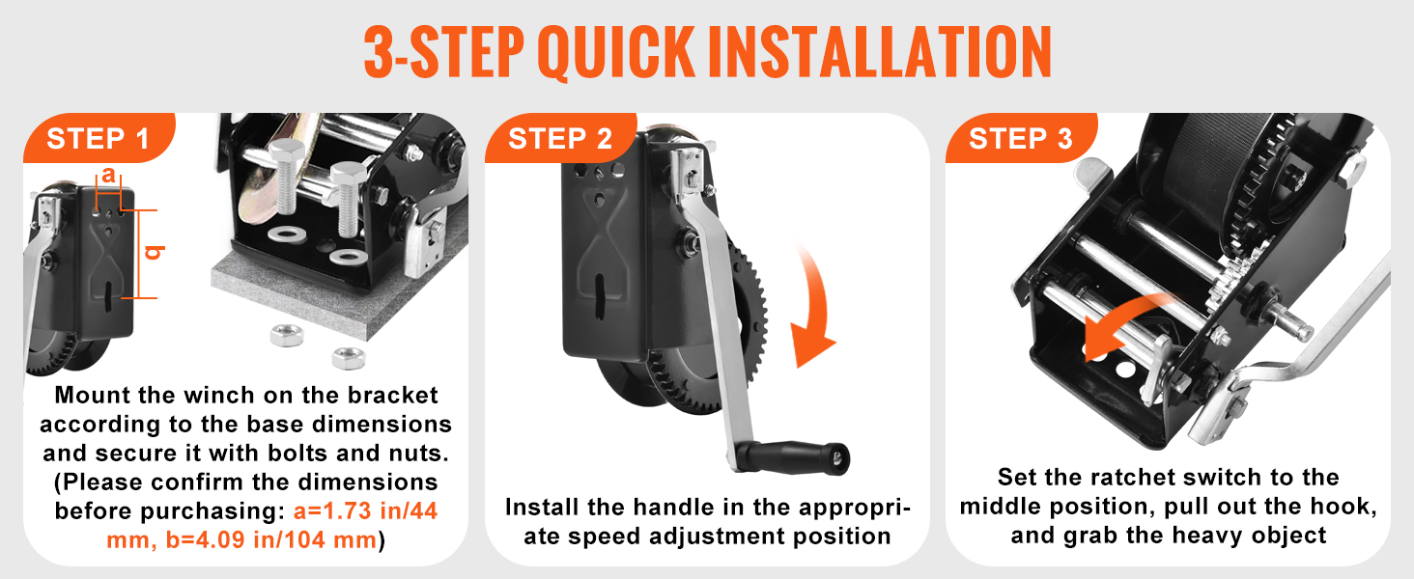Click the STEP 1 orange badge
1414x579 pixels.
[x=99, y=138]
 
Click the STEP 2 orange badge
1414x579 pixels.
[x=560, y=138]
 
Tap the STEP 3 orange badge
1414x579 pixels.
[x=1021, y=138]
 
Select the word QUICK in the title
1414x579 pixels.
[x=615, y=53]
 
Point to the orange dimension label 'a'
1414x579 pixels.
[x=108, y=174]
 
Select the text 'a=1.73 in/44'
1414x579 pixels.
[x=365, y=510]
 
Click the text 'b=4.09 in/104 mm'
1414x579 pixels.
[x=271, y=539]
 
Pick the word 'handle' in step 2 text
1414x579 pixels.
[x=673, y=507]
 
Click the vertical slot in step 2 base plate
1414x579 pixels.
[x=599, y=294]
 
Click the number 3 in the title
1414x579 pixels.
[x=380, y=52]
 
